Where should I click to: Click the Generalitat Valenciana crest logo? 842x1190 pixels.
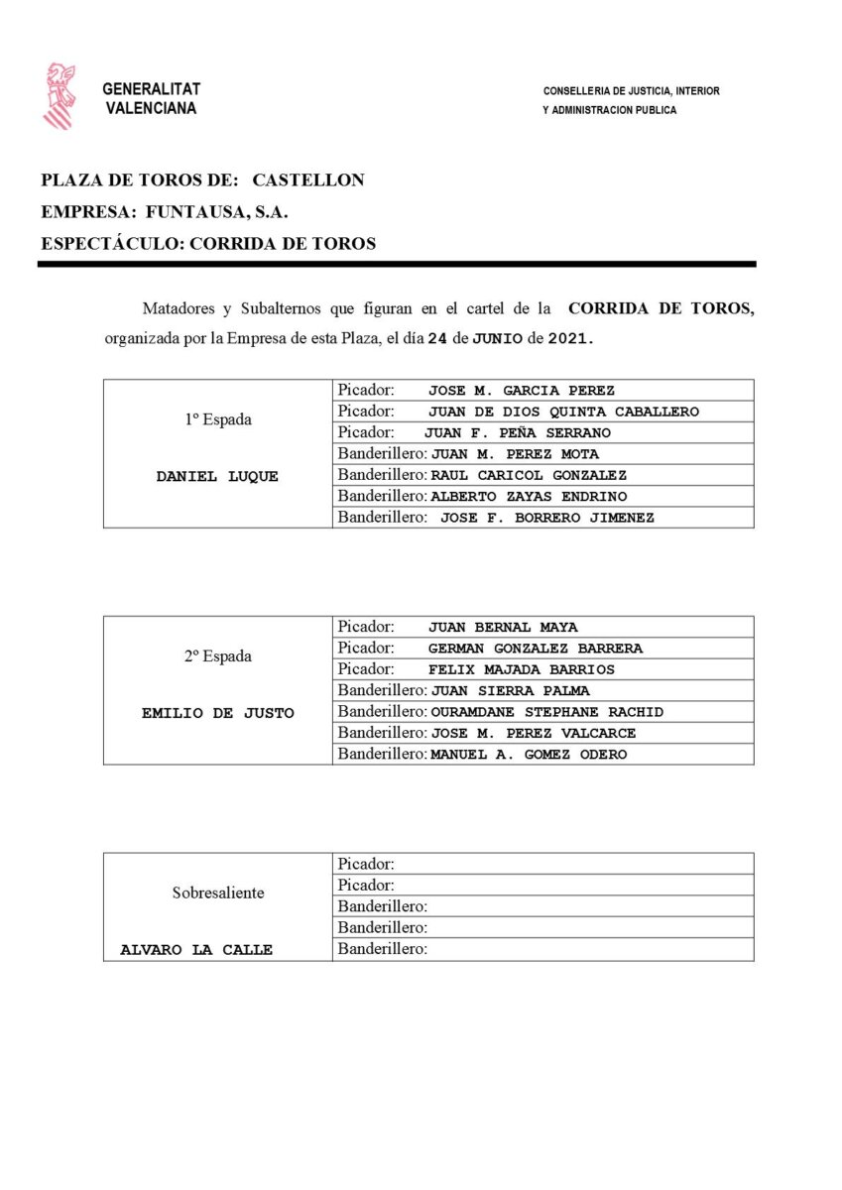point(60,95)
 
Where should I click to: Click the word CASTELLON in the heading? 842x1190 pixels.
point(308,180)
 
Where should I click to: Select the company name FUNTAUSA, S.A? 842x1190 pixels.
point(216,211)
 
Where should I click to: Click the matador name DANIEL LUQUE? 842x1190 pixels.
point(217,476)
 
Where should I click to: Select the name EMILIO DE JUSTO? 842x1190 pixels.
point(217,713)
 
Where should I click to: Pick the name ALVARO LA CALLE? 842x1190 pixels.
point(196,950)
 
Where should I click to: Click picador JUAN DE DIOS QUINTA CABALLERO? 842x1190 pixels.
point(563,412)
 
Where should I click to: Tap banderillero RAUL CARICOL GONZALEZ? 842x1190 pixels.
point(529,476)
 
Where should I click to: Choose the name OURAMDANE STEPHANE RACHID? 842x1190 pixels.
point(546,712)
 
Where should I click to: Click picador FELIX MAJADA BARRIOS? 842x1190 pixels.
point(521,669)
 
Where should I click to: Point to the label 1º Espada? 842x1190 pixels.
point(217,419)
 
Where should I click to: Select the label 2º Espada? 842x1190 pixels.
point(217,656)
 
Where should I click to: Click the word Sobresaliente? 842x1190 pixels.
point(217,892)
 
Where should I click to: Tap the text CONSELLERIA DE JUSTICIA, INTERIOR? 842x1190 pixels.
point(631,91)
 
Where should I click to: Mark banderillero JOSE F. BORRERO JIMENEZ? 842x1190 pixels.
point(546,518)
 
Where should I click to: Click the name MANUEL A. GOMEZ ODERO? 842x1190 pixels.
point(529,755)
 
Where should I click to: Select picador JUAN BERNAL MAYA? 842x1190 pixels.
point(503,628)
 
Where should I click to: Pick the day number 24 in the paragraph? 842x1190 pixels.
point(437,338)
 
